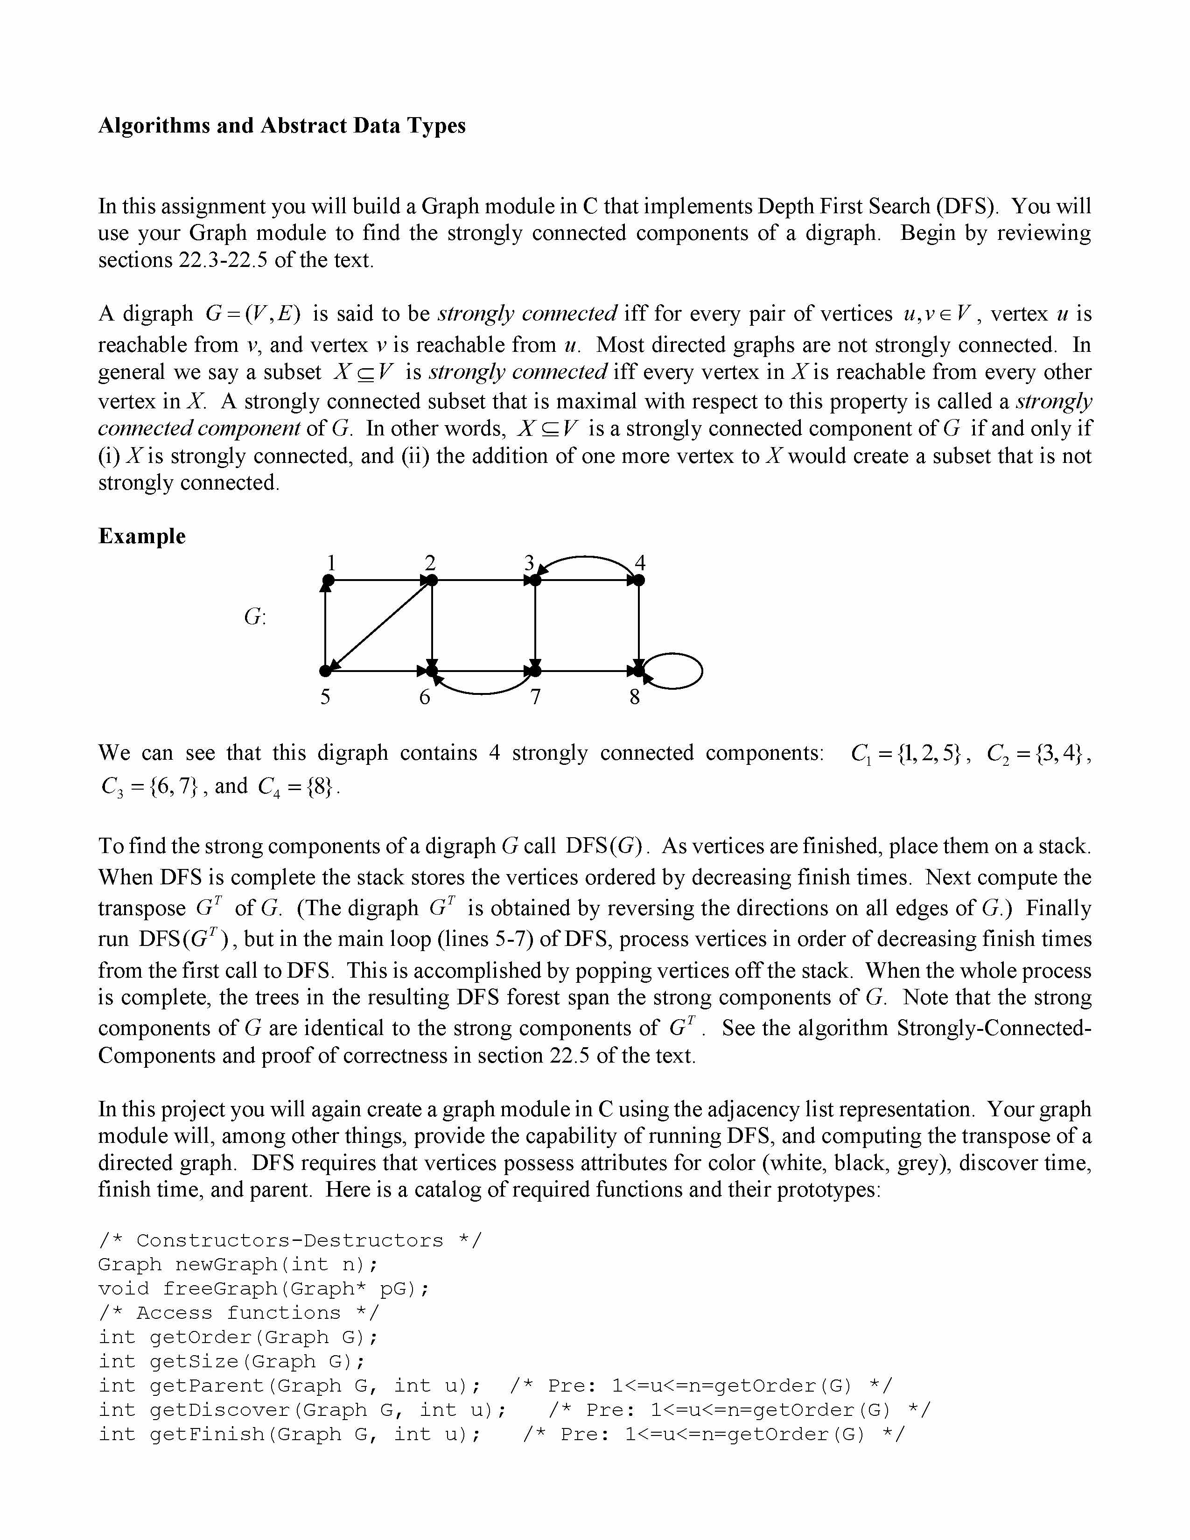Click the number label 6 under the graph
(x=424, y=697)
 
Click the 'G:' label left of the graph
(x=254, y=617)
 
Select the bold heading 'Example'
(x=142, y=536)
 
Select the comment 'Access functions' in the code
(x=238, y=1313)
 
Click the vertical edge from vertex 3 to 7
(x=536, y=624)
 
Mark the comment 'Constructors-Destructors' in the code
(x=290, y=1240)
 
